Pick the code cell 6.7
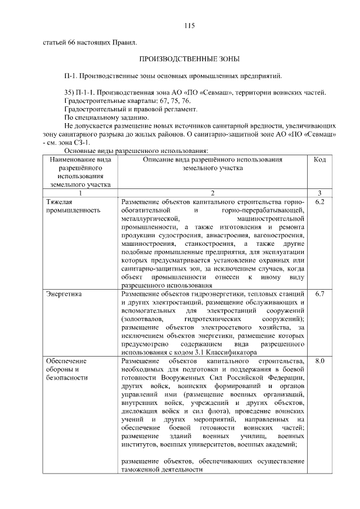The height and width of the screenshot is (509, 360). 319,294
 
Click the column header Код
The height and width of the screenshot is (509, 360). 319,160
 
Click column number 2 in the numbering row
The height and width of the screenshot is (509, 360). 213,192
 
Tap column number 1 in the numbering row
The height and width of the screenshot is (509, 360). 80,192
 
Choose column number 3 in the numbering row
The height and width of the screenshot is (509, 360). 319,192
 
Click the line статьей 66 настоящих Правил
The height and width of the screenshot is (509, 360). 89,42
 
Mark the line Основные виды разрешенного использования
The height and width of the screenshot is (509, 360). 137,151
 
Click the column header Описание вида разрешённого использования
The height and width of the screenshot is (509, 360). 213,164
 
